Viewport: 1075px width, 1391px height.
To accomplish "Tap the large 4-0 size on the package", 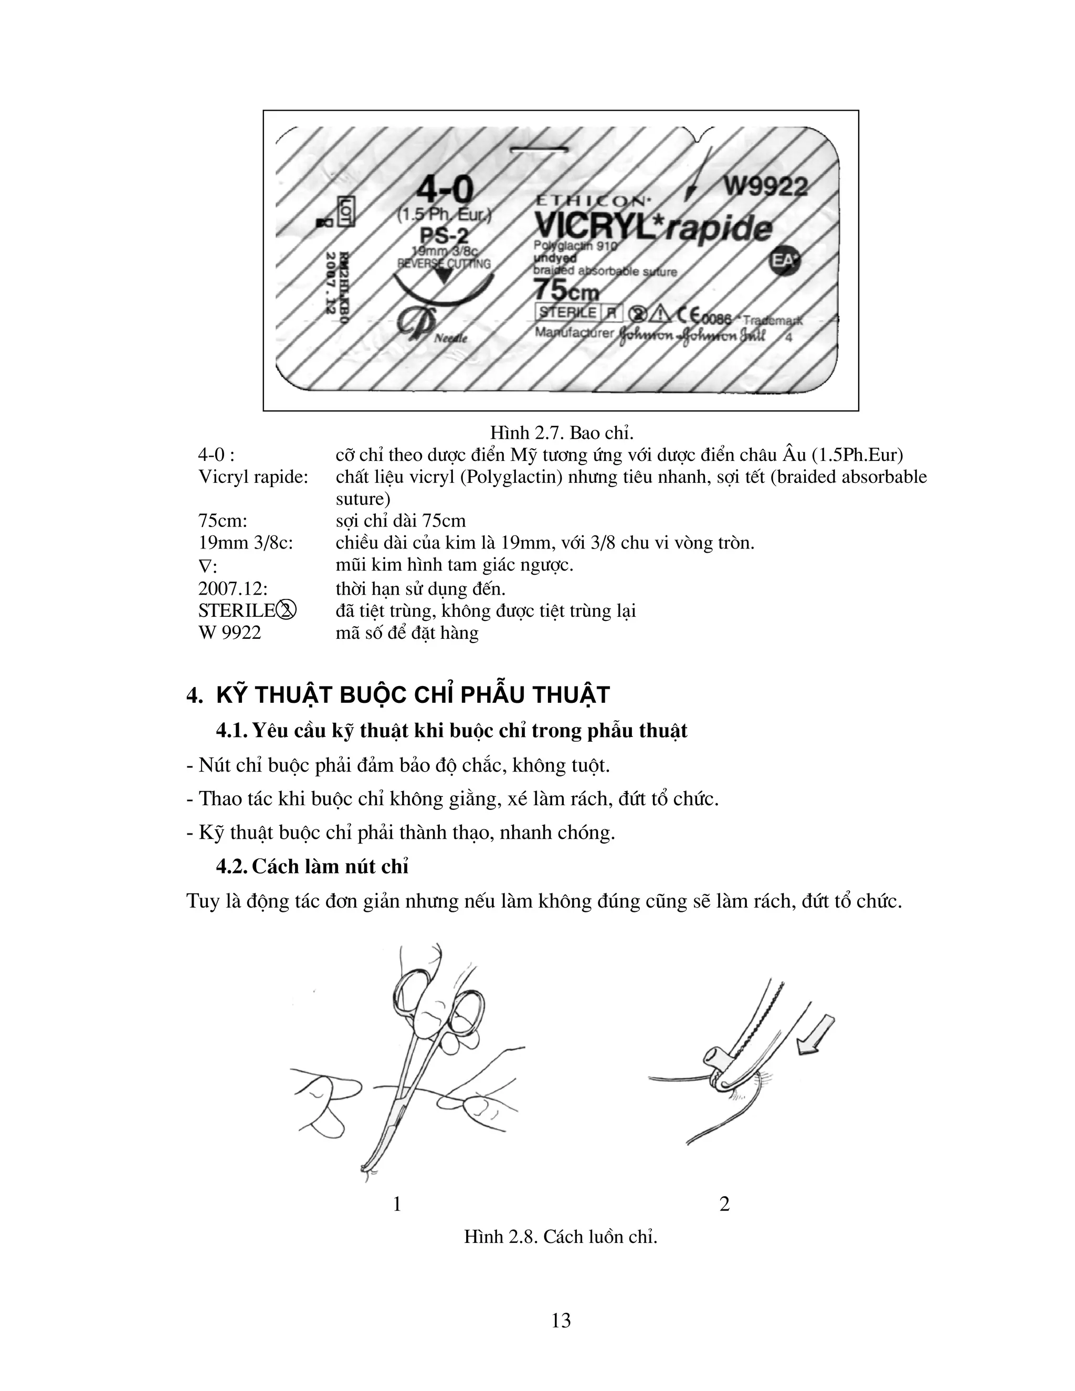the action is click(445, 191).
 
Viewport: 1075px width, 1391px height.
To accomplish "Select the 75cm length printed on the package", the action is click(566, 291).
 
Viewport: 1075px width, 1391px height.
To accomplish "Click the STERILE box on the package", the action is click(568, 312).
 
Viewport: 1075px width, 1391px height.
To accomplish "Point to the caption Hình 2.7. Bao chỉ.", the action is click(562, 433).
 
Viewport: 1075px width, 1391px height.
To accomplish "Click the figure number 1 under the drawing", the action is click(397, 1204).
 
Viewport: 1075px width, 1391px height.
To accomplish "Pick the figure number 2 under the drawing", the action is click(724, 1204).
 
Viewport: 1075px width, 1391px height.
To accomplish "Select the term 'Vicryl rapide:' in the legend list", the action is click(254, 477).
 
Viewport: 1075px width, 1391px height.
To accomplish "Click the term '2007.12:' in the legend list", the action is click(233, 588).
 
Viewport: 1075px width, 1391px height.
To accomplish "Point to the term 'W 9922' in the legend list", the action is click(229, 633).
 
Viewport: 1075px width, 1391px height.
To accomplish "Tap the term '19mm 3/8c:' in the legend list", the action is click(246, 543).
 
